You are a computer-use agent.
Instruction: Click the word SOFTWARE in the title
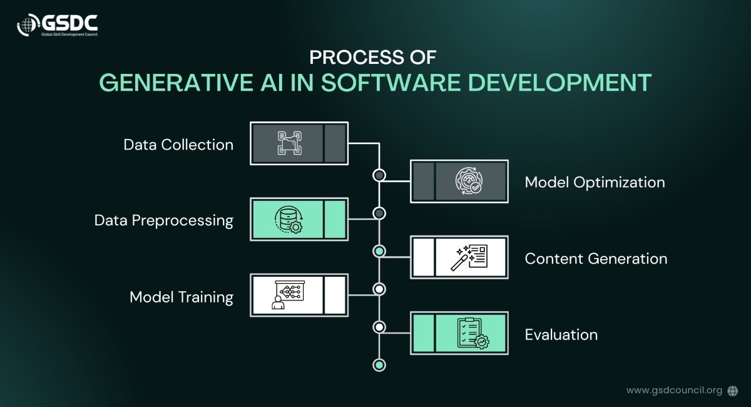[391, 83]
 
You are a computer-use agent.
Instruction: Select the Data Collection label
[178, 145]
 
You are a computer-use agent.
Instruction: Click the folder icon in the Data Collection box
[290, 143]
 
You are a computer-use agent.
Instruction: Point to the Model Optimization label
[595, 183]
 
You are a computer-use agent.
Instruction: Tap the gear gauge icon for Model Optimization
[469, 181]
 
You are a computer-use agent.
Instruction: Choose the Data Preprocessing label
[163, 221]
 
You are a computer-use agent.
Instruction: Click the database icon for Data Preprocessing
[289, 220]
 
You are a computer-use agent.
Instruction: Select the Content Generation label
[596, 259]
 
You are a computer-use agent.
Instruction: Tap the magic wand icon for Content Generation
[469, 257]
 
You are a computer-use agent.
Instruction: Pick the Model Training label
[181, 297]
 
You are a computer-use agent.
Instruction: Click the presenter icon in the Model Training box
[288, 295]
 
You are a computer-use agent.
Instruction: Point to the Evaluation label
[561, 335]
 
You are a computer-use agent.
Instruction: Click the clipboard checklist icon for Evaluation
[473, 334]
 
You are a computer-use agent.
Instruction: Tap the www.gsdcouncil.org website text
[674, 391]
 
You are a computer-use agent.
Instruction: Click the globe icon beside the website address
[733, 391]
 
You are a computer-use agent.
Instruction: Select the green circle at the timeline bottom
[379, 365]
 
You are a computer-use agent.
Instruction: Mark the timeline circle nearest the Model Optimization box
[379, 175]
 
